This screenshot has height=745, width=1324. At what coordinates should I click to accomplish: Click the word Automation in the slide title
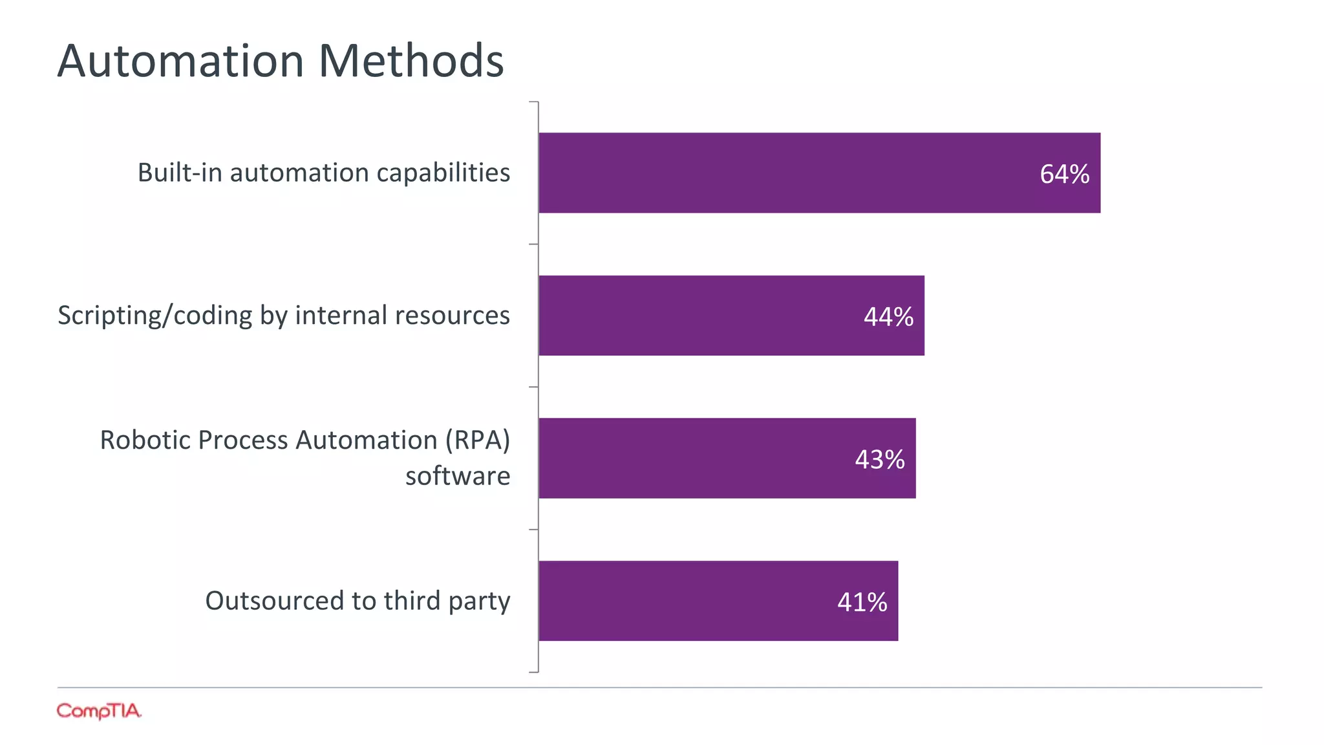[x=180, y=61]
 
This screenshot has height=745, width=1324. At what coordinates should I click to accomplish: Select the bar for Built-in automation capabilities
[x=776, y=173]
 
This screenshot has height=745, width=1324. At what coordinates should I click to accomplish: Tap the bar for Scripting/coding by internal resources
[x=698, y=316]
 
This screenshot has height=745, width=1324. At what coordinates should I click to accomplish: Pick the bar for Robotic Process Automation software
[x=692, y=458]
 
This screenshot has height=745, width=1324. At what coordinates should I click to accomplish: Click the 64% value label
[x=1064, y=174]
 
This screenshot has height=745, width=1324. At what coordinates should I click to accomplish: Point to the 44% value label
[x=888, y=317]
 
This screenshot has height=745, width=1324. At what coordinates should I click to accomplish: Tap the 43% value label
[x=879, y=460]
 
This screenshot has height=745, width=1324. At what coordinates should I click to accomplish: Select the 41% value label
[x=862, y=602]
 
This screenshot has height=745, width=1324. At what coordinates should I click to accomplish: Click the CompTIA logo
[x=98, y=711]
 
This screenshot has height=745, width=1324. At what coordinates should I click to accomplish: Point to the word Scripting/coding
[x=155, y=316]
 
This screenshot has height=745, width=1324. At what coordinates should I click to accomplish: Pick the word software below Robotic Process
[x=457, y=476]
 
